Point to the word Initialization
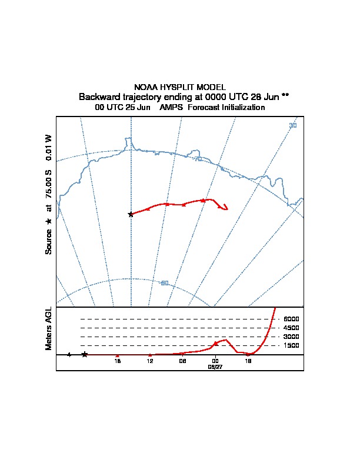point(241,108)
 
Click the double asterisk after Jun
point(285,95)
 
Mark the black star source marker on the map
point(131,214)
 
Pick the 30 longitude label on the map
point(292,125)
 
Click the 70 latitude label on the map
point(198,159)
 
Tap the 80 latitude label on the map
point(165,283)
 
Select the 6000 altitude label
point(291,319)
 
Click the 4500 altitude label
point(291,328)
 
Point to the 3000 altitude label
point(291,337)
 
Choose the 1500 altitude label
point(291,345)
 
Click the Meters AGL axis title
point(49,328)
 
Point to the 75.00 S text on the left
point(49,188)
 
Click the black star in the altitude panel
point(85,354)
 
